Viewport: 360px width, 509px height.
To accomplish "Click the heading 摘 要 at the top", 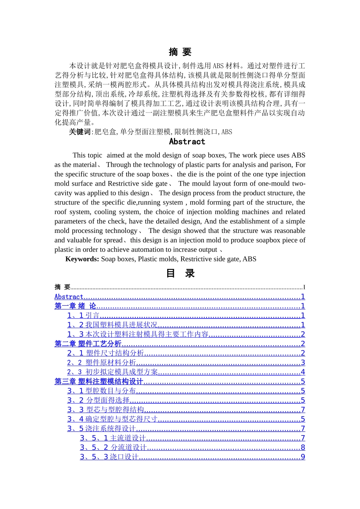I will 180,52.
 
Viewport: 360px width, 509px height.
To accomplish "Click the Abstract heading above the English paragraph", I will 187,142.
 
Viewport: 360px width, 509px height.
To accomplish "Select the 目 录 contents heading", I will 180,273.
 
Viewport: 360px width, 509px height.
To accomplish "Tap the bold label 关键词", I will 80,132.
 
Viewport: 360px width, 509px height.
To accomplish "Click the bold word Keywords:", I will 82,259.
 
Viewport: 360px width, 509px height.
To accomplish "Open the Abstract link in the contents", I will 69,297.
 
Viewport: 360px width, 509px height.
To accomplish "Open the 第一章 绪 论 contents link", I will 75,306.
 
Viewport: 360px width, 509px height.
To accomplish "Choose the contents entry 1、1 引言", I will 83,315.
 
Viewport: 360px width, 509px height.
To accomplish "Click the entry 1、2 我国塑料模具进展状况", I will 112,325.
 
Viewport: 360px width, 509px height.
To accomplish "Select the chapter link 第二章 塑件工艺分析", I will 88,344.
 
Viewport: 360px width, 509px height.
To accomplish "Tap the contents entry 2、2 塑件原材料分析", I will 102,362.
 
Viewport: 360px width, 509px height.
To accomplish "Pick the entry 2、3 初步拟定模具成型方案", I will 112,372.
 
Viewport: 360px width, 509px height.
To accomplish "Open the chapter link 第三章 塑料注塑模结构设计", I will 99,381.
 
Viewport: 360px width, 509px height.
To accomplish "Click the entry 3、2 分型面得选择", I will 99,400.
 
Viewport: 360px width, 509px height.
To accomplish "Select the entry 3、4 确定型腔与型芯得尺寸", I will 112,419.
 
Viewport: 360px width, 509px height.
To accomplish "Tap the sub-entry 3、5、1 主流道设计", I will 113,438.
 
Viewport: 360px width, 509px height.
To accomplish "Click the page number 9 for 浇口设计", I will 303,457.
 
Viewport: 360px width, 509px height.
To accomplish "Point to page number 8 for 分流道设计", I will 303,448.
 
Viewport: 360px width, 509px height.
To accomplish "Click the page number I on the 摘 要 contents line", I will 304,287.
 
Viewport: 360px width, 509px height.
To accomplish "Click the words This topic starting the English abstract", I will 87,155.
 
